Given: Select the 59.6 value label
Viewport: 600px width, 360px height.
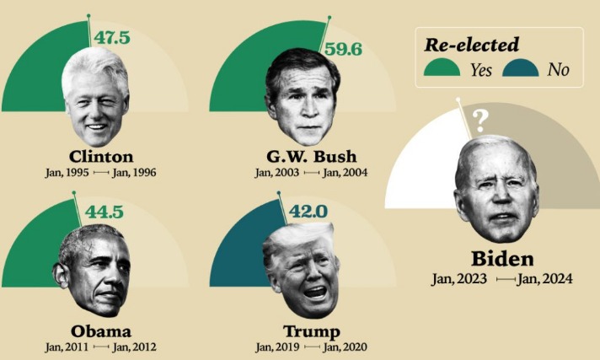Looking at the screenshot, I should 343,49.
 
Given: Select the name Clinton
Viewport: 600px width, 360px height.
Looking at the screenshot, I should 100,156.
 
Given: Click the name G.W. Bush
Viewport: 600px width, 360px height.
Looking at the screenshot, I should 311,156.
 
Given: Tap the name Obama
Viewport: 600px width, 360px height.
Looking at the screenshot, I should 100,330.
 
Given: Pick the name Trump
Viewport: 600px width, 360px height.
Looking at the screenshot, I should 311,330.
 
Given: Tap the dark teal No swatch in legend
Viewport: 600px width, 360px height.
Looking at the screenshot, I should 521,69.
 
